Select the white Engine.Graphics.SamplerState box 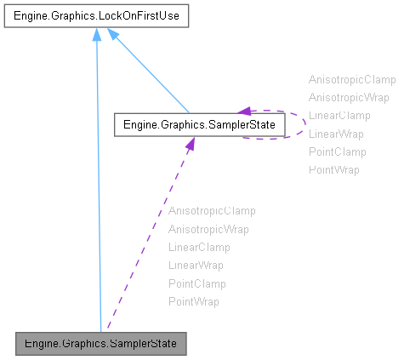(x=199, y=126)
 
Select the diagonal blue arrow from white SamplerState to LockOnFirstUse (x=149, y=76)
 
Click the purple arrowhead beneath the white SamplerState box (x=189, y=145)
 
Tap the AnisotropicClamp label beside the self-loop (x=352, y=79)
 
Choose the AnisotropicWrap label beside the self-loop (x=349, y=97)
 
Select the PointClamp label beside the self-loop (x=338, y=151)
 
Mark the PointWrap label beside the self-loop (x=334, y=170)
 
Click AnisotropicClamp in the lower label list (x=212, y=210)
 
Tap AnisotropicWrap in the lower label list (x=208, y=229)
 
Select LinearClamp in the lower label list (x=199, y=247)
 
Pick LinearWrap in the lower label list (x=196, y=266)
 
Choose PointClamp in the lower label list (x=197, y=283)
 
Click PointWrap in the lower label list (x=194, y=302)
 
